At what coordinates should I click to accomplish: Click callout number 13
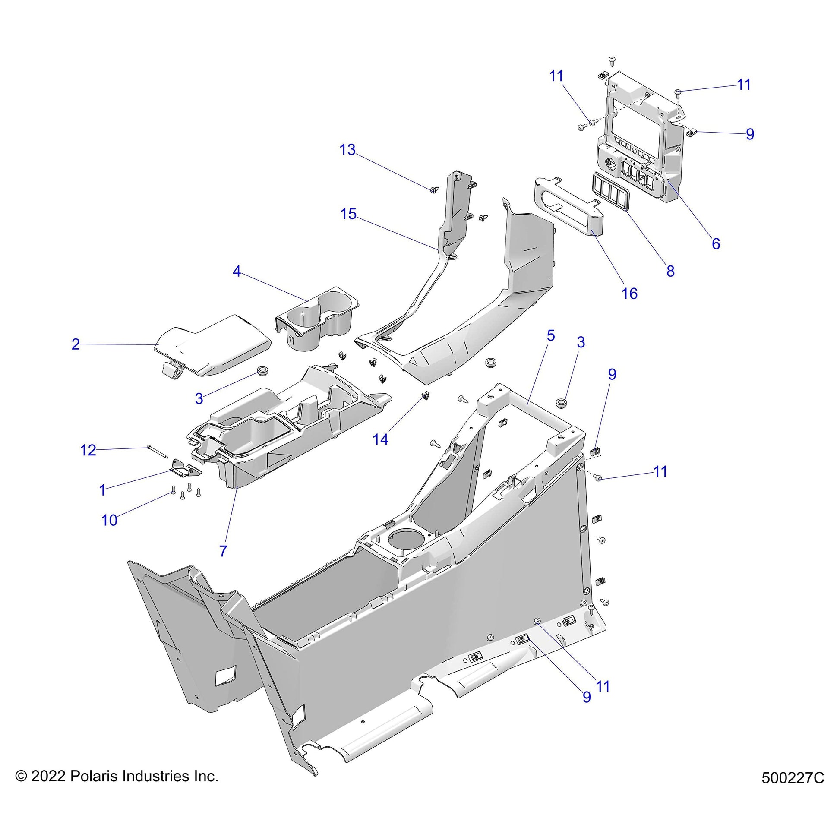tap(347, 150)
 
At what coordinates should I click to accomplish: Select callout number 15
tap(349, 215)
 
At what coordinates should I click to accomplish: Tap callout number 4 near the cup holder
tap(237, 272)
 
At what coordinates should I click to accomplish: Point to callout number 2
tap(76, 344)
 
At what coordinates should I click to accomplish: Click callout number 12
tap(88, 450)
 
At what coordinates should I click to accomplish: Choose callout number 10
tap(109, 520)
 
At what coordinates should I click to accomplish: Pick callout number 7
tap(223, 551)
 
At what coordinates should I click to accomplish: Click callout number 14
tap(380, 439)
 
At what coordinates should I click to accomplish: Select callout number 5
tap(551, 336)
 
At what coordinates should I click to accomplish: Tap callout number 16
tap(629, 294)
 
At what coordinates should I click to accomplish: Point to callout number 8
tap(670, 271)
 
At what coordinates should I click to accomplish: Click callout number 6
tap(716, 244)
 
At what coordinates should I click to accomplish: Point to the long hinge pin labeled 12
tap(157, 452)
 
